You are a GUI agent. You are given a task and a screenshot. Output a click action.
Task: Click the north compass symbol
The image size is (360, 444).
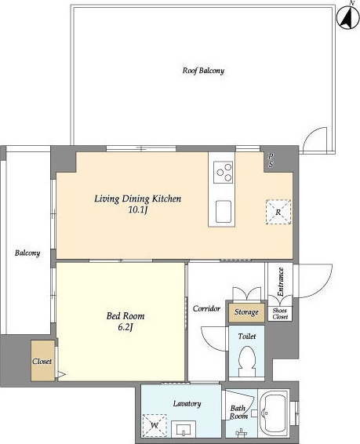click(x=347, y=16)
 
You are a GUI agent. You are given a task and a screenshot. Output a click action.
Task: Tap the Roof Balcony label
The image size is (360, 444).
click(x=203, y=71)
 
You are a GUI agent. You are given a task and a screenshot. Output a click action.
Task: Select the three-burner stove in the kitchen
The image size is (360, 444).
click(x=223, y=172)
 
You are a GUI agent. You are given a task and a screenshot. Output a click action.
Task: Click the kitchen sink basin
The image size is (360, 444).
click(x=223, y=211)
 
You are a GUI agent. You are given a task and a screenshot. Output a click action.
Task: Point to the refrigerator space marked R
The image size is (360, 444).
click(x=278, y=212)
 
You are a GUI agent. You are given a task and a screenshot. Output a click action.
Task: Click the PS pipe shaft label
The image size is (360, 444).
click(x=271, y=160)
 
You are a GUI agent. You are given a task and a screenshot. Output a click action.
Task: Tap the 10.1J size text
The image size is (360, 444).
click(x=138, y=210)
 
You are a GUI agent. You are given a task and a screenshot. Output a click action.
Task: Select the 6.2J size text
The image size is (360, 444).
click(x=125, y=327)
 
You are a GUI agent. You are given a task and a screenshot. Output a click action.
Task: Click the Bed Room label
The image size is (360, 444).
click(x=125, y=315)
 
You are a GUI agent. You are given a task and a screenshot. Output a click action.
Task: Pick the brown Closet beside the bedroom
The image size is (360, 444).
click(x=42, y=361)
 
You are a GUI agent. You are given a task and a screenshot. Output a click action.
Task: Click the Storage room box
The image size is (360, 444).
click(x=246, y=313)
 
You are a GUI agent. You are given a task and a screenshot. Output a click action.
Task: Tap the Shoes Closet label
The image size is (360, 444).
click(x=280, y=314)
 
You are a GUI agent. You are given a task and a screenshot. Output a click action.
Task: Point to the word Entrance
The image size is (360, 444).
click(x=280, y=282)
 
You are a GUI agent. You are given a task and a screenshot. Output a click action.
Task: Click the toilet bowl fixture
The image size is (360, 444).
click(x=247, y=362)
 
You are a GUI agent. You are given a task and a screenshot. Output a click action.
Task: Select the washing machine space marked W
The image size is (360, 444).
click(x=155, y=426)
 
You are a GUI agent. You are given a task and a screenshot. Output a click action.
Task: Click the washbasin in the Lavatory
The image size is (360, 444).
click(x=184, y=429)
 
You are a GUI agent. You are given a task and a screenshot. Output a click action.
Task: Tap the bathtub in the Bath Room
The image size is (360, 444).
click(x=274, y=414)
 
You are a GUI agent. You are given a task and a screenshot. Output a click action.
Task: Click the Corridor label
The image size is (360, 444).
click(x=206, y=308)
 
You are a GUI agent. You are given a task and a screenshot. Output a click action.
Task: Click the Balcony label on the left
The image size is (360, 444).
click(x=27, y=253)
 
